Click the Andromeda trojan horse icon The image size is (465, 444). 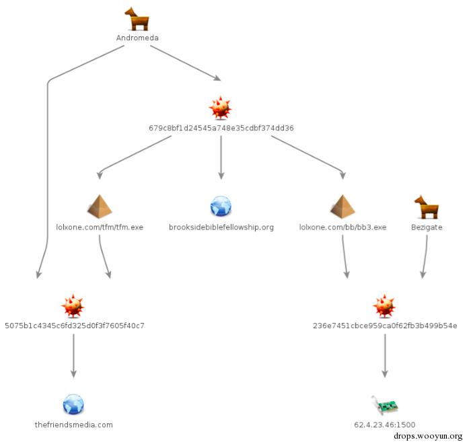[x=137, y=19]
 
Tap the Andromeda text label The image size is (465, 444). [x=137, y=38]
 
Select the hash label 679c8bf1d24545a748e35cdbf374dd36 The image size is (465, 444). [x=221, y=127]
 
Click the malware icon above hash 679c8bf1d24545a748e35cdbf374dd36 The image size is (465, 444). [x=220, y=107]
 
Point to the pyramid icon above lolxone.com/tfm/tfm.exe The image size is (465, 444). [x=100, y=206]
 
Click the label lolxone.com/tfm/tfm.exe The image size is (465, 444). [x=100, y=227]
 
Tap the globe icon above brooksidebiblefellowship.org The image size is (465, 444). [x=221, y=206]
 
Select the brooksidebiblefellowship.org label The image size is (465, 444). [x=221, y=227]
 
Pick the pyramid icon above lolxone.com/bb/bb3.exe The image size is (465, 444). [x=343, y=206]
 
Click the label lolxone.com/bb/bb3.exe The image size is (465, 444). [x=343, y=227]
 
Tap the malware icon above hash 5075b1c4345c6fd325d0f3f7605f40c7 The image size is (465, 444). [x=73, y=305]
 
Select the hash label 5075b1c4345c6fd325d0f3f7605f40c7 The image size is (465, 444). [x=74, y=326]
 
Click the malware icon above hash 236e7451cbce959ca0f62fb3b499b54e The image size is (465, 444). [x=384, y=305]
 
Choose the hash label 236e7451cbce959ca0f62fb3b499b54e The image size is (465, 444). [x=385, y=326]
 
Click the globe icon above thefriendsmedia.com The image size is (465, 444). [x=73, y=404]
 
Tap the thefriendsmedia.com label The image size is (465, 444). [x=73, y=424]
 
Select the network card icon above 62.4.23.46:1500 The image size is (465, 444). [x=384, y=405]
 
